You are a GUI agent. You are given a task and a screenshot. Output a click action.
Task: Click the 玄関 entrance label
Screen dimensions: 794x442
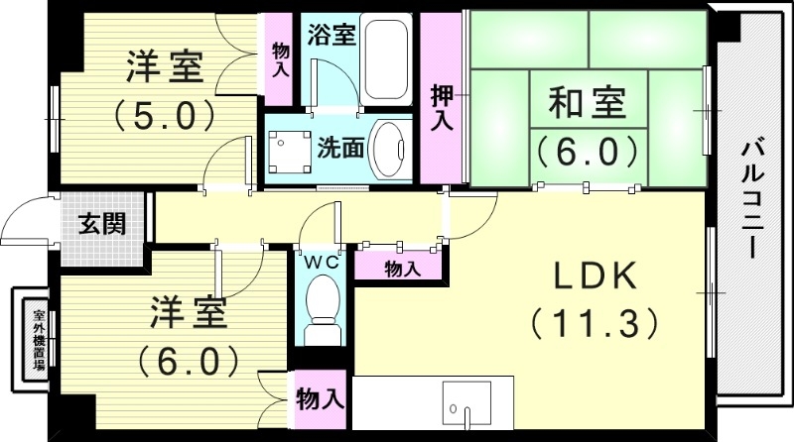(103, 224)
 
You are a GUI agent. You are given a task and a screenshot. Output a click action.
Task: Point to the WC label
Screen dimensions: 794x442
(322, 263)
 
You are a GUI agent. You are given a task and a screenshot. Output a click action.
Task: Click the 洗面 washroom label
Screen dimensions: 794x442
(338, 149)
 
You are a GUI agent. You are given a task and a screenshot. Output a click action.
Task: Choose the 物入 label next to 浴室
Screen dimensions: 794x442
(280, 59)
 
